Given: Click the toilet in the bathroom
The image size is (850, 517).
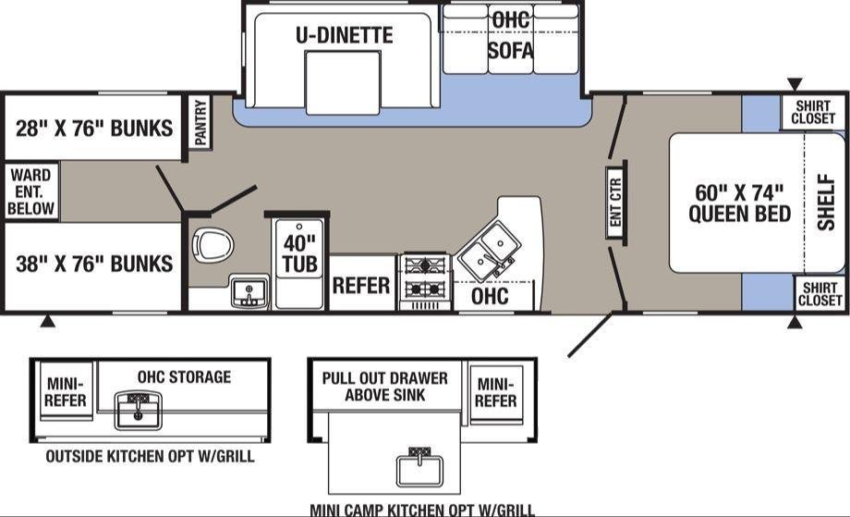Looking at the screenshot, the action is pos(213,245).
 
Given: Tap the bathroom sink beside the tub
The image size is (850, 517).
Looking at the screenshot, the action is pos(249,292).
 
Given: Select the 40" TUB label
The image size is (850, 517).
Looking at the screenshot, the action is pos(299,254).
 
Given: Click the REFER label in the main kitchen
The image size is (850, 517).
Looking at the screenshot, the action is pos(361,286).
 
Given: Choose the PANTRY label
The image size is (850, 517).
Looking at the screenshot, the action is pos(200,122).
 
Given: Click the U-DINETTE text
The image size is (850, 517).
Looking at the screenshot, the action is pos(345,35).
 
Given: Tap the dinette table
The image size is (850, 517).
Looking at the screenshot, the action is pos(343,82).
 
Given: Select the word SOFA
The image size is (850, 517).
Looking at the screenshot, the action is pos(510,51).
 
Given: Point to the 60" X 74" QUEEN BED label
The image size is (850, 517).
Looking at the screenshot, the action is pos(739,203).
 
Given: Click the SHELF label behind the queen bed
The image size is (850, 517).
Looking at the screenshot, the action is pos(826,202).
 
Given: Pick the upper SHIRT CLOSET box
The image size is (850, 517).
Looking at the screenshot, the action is pos(812,112).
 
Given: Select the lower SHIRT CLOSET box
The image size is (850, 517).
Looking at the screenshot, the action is pos(820,293).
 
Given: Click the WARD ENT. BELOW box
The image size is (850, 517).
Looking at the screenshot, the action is pos(30,191).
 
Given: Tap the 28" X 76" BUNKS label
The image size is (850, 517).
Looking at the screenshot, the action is pos(94,129).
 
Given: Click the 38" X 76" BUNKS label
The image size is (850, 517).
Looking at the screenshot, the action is pos(94,265).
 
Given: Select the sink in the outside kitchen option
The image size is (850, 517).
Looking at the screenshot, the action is pos(138,410).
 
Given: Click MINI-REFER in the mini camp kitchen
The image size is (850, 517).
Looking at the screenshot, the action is pos(496,393).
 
